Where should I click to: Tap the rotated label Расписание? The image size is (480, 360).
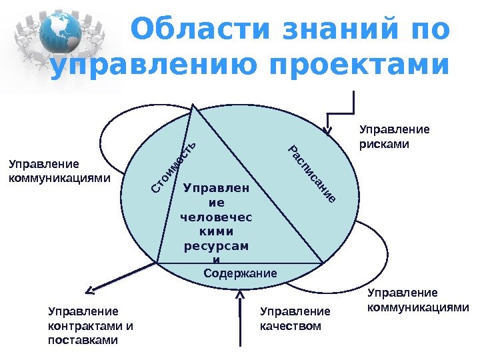pyautogui.click(x=311, y=173)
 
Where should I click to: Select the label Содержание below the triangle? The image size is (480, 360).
pyautogui.click(x=239, y=273)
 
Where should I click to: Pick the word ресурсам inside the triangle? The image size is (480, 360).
pyautogui.click(x=216, y=245)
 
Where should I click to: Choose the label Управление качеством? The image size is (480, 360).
pyautogui.click(x=295, y=319)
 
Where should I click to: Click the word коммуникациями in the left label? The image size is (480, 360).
pyautogui.click(x=59, y=178)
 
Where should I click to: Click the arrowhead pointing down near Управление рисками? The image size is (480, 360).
pyautogui.click(x=328, y=129)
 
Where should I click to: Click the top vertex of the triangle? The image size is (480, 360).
pyautogui.click(x=194, y=105)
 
